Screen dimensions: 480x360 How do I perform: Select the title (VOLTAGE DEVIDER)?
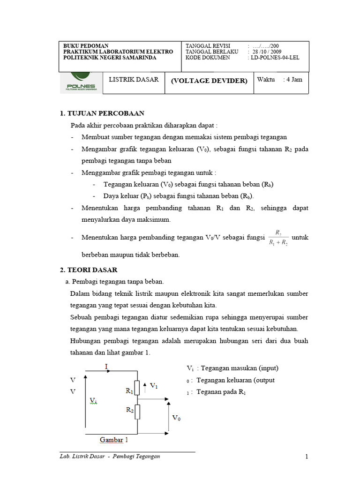coord(209,81)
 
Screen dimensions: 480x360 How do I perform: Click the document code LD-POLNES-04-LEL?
coord(275,58)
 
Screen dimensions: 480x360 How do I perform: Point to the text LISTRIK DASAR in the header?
coord(134,80)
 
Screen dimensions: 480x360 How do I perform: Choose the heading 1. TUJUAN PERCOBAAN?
coord(102,113)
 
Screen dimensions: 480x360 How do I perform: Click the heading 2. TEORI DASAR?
coord(89,270)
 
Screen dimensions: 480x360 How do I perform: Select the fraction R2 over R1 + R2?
coord(278,238)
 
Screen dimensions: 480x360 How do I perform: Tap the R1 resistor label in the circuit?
coord(130,390)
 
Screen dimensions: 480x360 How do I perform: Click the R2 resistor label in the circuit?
coord(130,409)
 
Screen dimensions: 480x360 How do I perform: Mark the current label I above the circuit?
coord(106,366)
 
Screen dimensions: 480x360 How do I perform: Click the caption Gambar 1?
coord(114,440)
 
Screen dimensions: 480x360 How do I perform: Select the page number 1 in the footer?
coord(307,457)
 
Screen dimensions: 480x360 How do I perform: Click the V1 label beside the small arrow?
coord(153,386)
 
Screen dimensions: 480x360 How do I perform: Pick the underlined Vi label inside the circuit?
coord(93,400)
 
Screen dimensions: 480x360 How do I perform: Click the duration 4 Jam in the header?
coord(294,80)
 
